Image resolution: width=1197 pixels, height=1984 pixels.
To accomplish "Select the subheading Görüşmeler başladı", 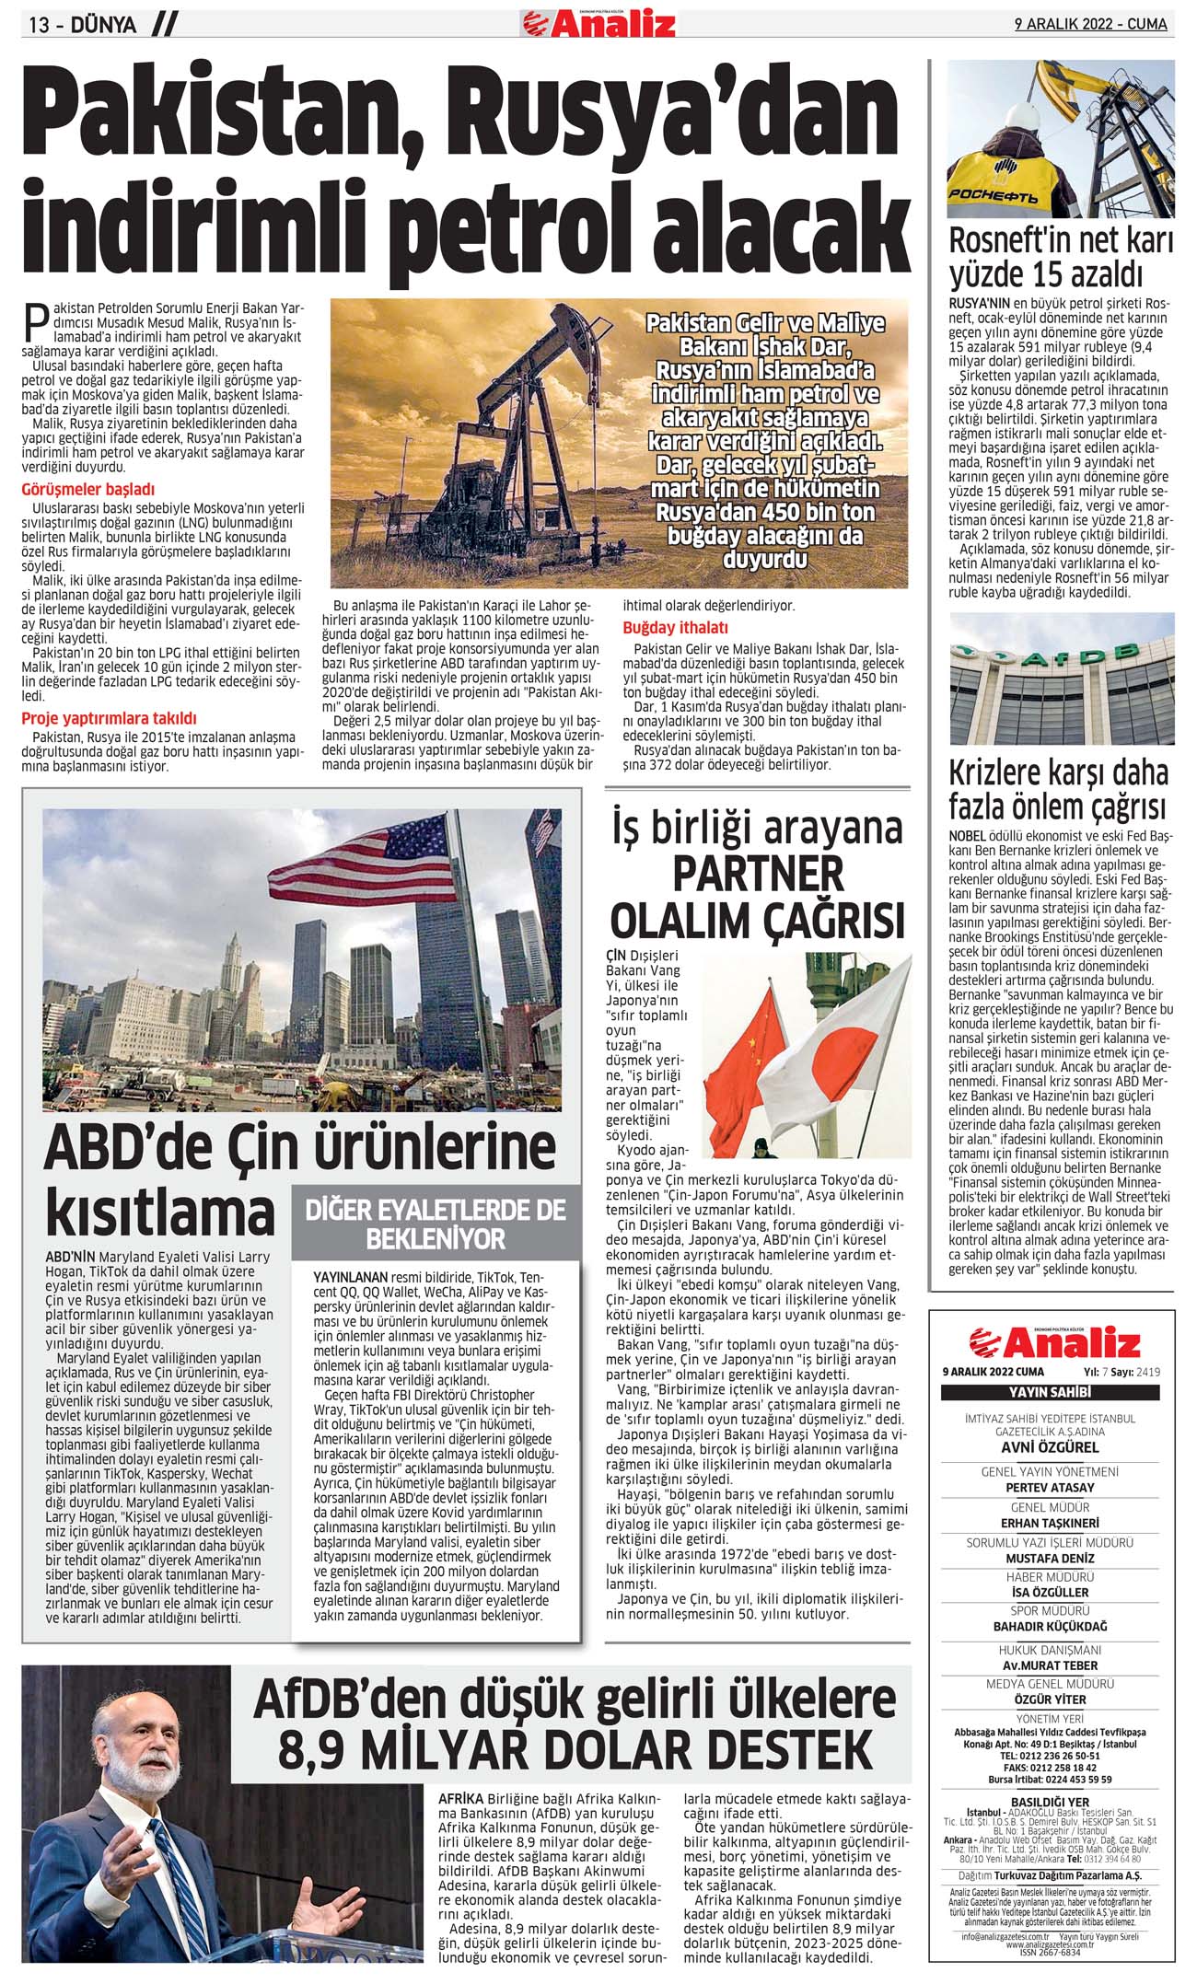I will coord(88,490).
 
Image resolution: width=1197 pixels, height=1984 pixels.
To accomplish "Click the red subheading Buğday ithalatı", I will coord(676,628).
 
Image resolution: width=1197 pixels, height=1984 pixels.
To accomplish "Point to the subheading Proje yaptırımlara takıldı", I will coord(109,718).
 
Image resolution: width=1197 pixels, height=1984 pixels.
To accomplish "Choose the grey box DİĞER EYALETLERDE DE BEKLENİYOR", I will coord(436,1224).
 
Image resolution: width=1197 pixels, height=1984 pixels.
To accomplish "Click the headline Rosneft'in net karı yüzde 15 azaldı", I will coord(1061,258).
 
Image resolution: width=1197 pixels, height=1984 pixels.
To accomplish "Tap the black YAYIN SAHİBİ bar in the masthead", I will coord(1049,1392).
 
